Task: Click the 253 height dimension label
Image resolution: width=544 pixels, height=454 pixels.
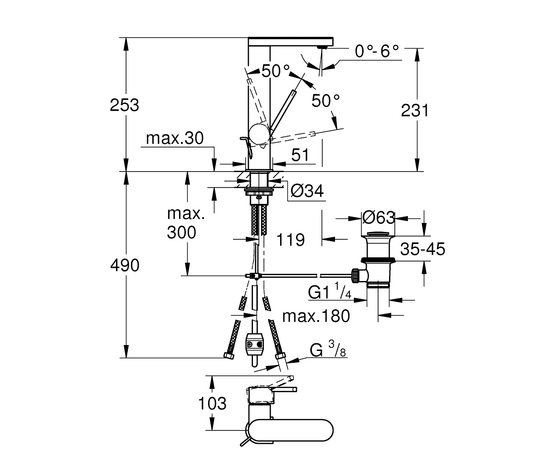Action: click(125, 105)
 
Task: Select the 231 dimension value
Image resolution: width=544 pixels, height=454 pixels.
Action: click(414, 110)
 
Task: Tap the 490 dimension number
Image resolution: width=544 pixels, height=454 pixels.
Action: click(125, 265)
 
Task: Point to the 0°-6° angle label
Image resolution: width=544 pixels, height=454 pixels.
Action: click(376, 51)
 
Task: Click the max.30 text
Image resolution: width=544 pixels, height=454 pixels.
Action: click(175, 138)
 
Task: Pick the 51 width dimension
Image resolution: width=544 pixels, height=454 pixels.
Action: click(300, 155)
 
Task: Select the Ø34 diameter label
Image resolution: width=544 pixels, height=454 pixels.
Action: click(307, 191)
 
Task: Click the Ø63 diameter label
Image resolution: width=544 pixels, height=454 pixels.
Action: click(379, 217)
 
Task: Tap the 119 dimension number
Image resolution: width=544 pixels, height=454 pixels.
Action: click(291, 240)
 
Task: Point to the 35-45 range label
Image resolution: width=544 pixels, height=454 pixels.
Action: click(423, 249)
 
